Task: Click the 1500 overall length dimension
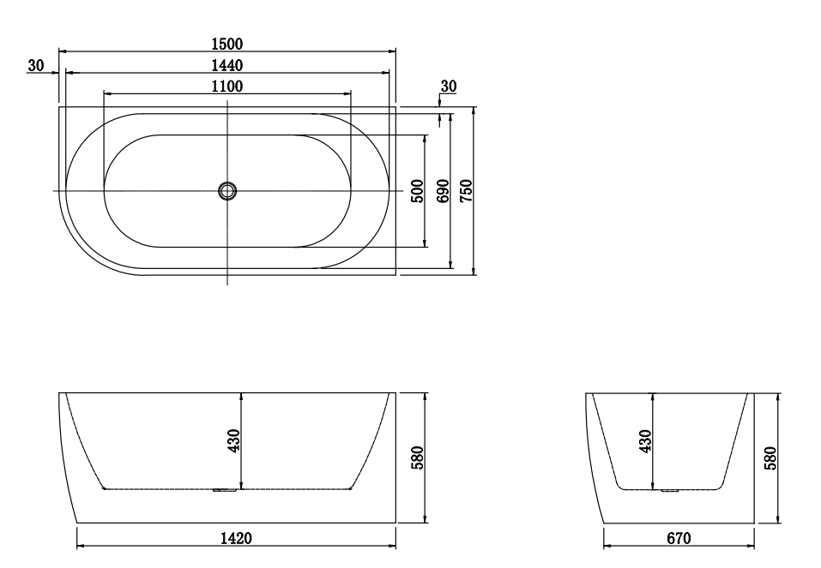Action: [x=227, y=44]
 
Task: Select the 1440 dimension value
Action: [x=227, y=65]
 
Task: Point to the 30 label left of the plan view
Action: [x=35, y=65]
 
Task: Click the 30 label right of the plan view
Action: [x=449, y=86]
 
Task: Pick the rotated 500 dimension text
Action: [x=418, y=190]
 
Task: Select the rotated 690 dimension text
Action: [x=444, y=190]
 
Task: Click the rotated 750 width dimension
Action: [x=467, y=190]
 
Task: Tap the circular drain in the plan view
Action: [x=227, y=190]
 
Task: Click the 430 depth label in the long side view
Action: [x=234, y=440]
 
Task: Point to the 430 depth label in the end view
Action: [x=646, y=440]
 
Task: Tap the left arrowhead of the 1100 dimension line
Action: [x=106, y=93]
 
